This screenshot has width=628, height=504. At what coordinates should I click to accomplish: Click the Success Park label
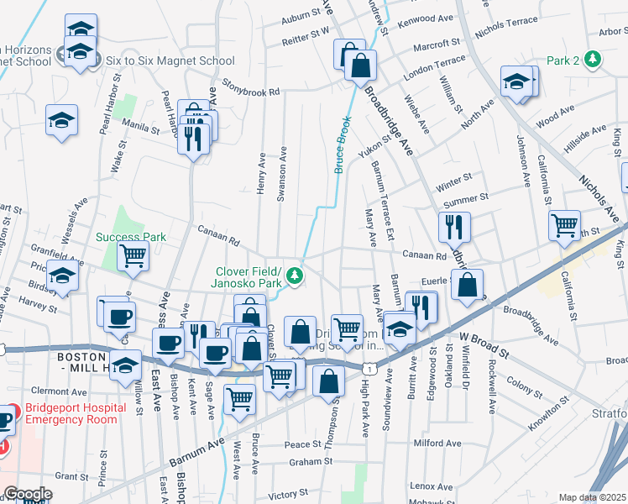tap(130, 237)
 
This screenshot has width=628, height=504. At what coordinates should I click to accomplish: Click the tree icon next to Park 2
tap(594, 60)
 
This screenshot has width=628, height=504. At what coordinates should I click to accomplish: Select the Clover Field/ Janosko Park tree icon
tap(295, 275)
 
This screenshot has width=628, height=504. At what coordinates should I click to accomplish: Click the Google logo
tap(28, 494)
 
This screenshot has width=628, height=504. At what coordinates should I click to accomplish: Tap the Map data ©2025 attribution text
tap(592, 497)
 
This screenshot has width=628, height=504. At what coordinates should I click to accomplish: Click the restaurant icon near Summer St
tap(454, 226)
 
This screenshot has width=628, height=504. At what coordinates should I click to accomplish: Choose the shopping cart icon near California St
tap(564, 224)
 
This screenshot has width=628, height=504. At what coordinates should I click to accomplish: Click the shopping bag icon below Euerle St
tap(467, 285)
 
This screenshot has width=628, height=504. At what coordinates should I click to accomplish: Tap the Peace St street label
tap(303, 444)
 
